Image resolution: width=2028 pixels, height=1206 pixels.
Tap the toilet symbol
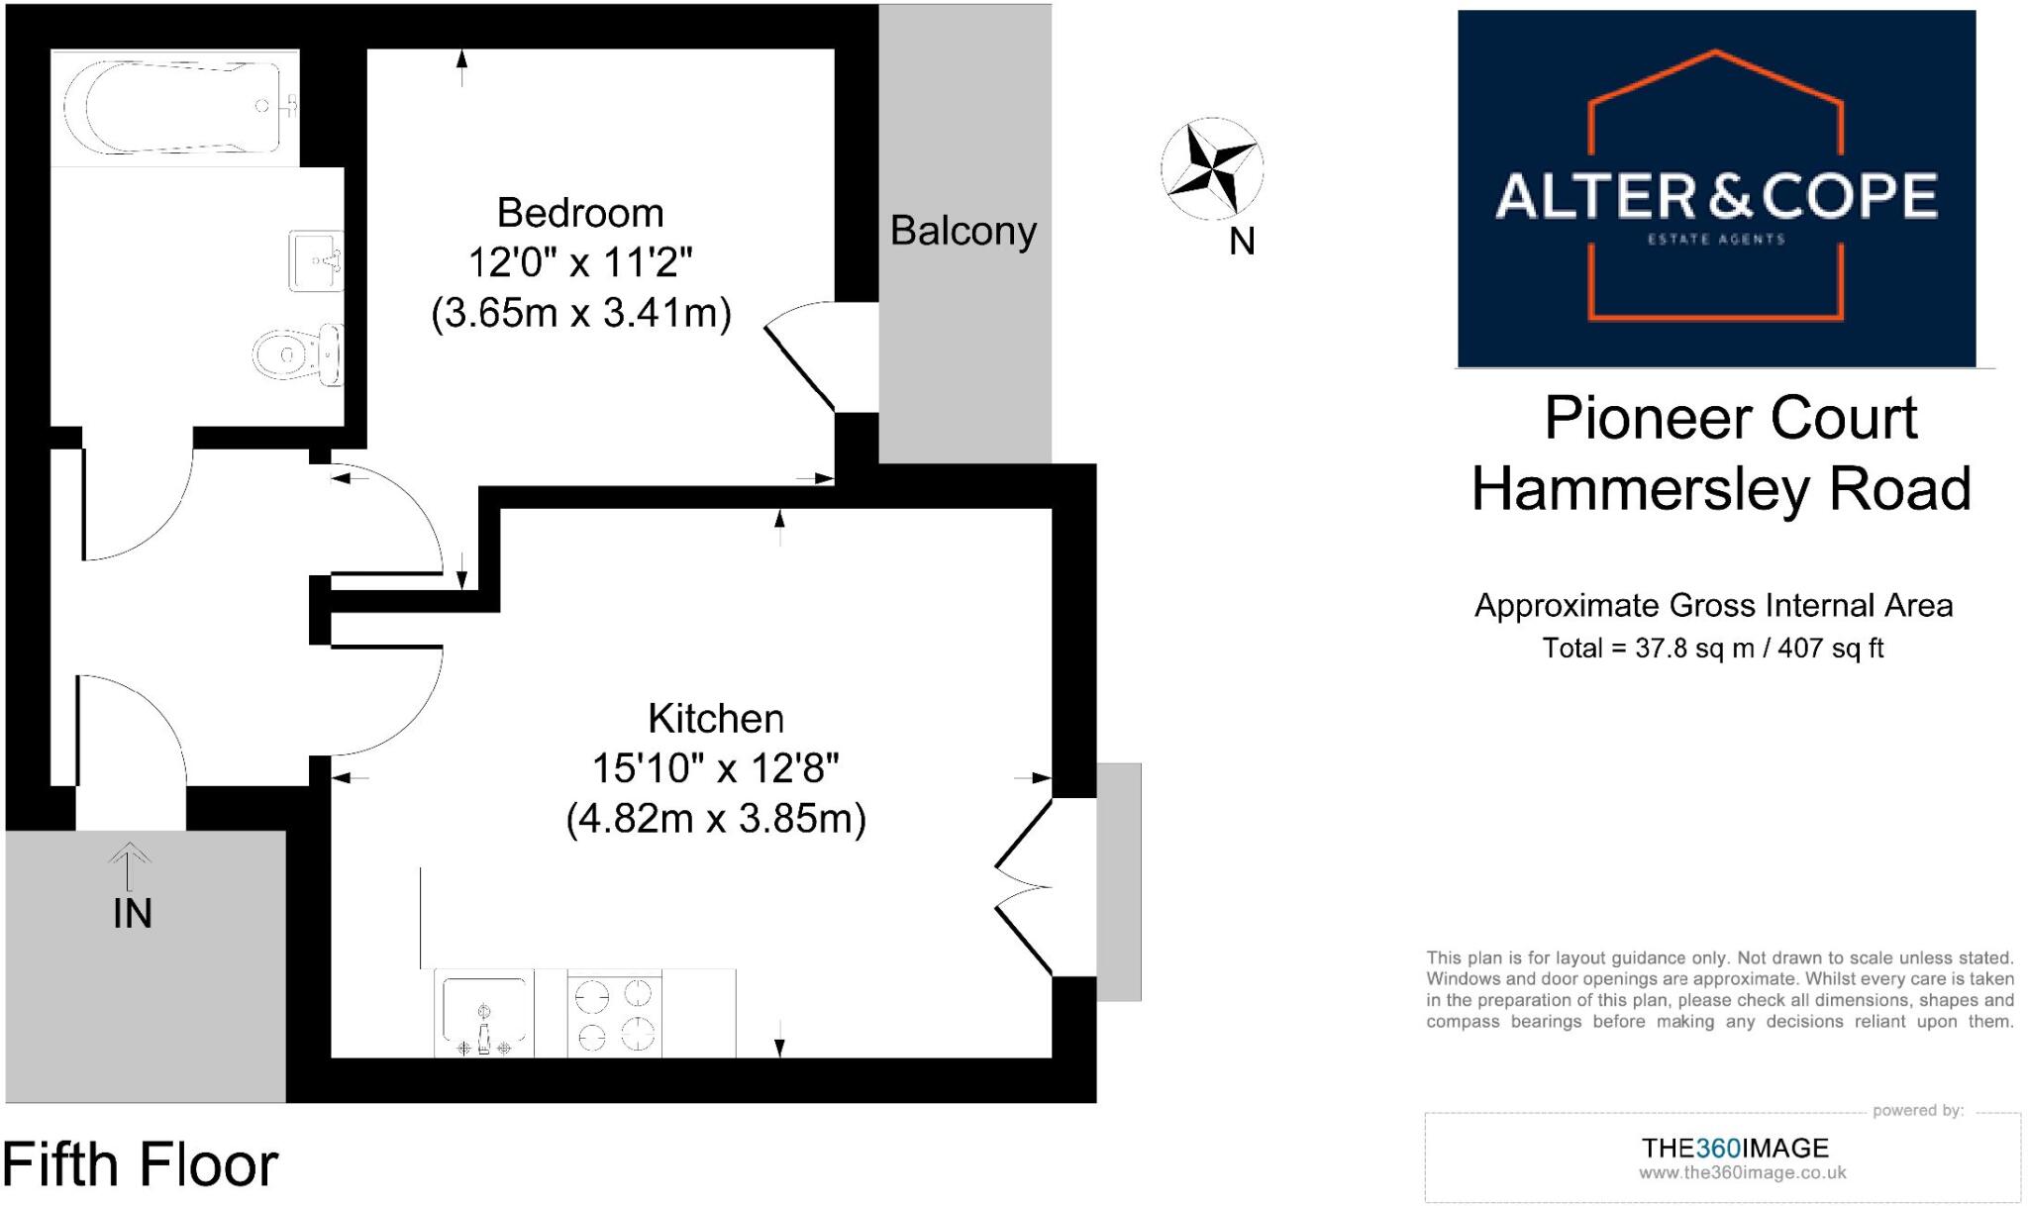coord(296,353)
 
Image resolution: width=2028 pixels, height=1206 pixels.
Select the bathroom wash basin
coord(316,260)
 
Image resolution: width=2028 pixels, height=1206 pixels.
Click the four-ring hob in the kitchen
coord(615,1014)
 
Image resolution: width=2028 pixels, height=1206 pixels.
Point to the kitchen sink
coord(483,1014)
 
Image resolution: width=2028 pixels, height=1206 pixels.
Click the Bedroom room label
coord(580,213)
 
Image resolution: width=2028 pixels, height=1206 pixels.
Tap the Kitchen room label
coord(716,719)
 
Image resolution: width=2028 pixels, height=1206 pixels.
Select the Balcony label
coord(963,232)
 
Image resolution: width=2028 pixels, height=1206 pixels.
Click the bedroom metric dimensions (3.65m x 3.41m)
coord(581,314)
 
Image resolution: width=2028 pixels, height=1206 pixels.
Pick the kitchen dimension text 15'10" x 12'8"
coord(715,768)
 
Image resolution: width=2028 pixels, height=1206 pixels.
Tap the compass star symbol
coord(1211,166)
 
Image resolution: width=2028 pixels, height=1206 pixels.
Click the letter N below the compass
coord(1242,241)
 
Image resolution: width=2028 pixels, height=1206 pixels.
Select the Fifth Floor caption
coord(140,1165)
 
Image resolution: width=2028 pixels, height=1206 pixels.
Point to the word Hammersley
coord(1640,489)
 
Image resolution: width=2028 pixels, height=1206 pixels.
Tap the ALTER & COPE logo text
coord(1715,196)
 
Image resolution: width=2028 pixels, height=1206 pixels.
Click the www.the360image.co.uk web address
coord(1742,1173)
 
